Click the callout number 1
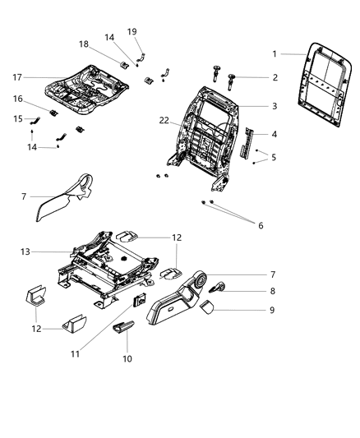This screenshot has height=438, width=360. click(x=275, y=54)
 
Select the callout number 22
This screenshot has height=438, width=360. click(x=164, y=121)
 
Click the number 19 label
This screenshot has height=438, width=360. click(x=132, y=31)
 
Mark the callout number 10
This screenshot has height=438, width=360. click(x=127, y=358)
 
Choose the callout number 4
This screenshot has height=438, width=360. click(x=274, y=135)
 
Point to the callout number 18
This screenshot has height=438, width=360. click(x=83, y=44)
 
